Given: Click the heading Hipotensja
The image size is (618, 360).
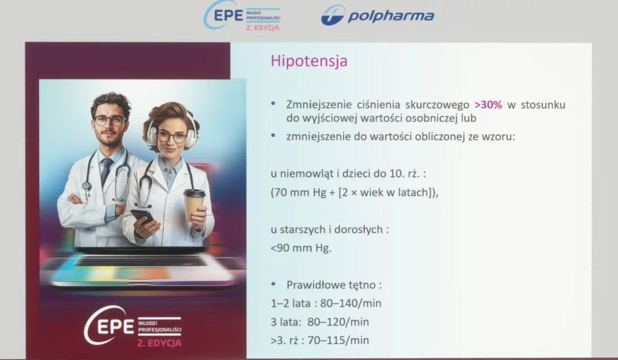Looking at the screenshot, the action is (309, 61).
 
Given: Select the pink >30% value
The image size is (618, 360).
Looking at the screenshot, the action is (488, 105).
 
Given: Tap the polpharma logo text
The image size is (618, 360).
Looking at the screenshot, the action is (391, 16).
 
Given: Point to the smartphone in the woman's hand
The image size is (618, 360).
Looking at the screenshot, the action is (143, 218).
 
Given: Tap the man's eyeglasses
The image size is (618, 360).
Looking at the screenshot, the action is (109, 121).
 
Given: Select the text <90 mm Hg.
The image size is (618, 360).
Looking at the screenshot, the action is (301, 248).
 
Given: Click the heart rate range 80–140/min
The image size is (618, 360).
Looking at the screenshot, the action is (351, 303).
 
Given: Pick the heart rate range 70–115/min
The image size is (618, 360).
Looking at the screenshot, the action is (338, 341).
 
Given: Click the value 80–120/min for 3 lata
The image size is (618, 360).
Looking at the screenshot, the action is (338, 322).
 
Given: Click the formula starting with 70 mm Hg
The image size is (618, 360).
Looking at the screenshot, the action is (355, 193).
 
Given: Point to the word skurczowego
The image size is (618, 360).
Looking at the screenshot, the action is (437, 105).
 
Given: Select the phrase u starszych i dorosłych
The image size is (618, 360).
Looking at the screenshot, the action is (326, 229).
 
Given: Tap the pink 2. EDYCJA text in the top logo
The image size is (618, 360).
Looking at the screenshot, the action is (263, 28).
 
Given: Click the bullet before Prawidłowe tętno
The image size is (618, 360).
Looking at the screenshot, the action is (273, 284).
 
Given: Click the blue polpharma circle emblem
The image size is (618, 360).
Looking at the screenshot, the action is (333, 15).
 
